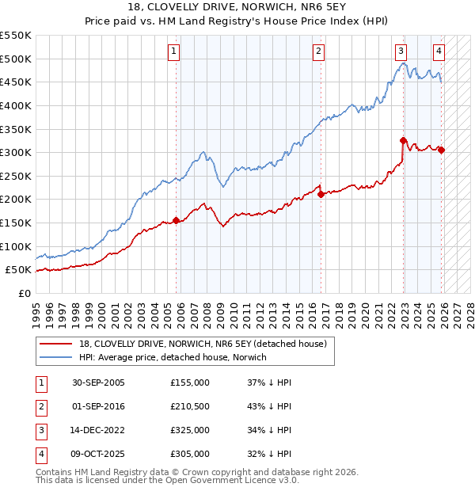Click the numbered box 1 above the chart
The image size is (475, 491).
[x=173, y=51]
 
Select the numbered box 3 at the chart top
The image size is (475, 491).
[x=401, y=51]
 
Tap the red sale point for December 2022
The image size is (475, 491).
[x=403, y=141]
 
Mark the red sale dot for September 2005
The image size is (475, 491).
[x=176, y=220]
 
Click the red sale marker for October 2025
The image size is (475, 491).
[x=441, y=150]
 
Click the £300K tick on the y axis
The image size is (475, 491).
[x=16, y=152]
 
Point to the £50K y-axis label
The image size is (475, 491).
[x=19, y=270]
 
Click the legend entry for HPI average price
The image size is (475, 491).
[x=173, y=357]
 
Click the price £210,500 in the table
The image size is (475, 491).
[x=190, y=406]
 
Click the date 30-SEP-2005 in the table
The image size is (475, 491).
[x=98, y=383]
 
